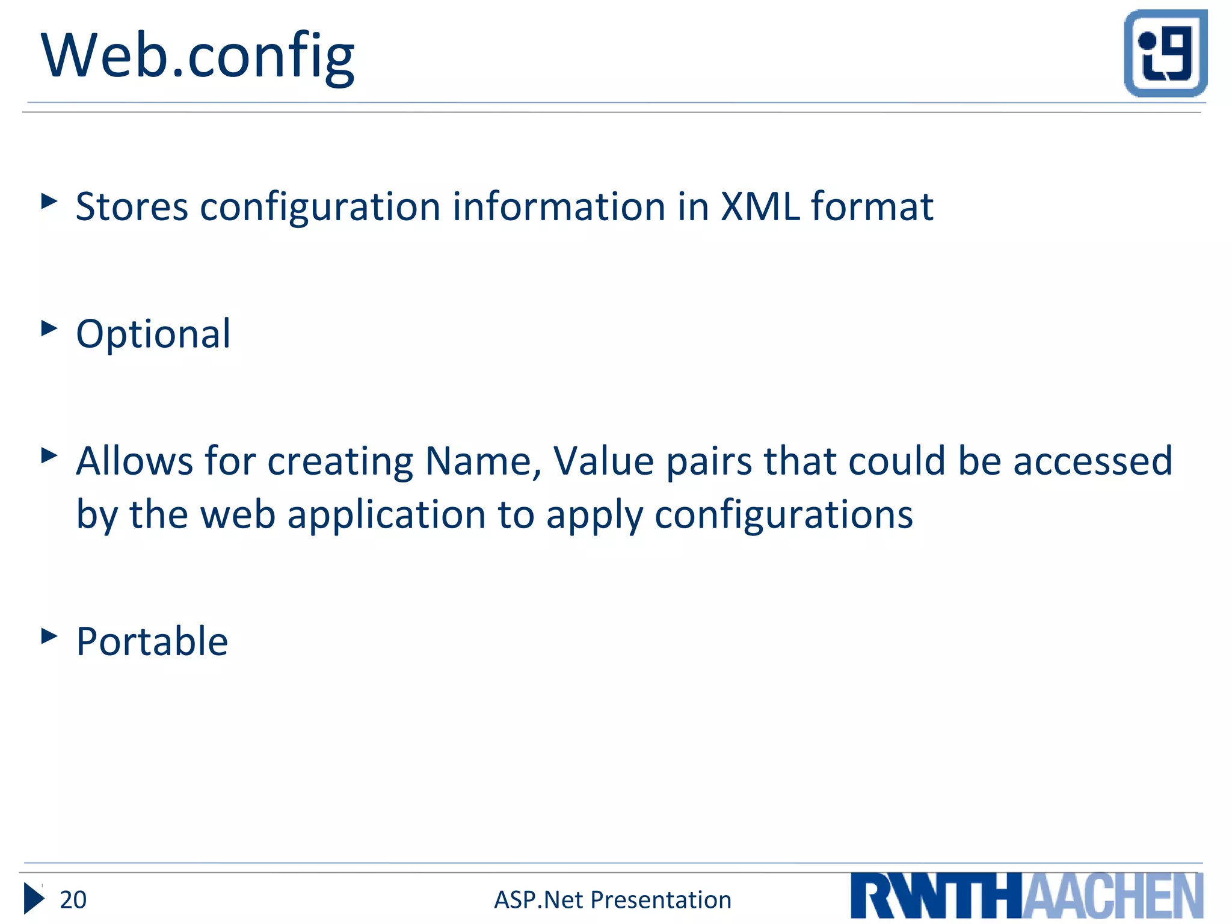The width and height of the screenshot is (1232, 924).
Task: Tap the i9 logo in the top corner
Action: pos(1165,53)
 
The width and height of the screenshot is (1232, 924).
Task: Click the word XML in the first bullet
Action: pos(760,206)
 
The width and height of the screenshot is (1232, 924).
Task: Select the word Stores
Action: pos(132,206)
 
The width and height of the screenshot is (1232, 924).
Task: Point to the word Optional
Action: pos(153,334)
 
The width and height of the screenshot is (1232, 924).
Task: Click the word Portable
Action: pos(152,641)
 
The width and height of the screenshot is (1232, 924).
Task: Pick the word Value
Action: pos(603,461)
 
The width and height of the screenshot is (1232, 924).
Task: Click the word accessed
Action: pos(1092,461)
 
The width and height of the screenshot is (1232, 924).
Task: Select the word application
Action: pos(386,516)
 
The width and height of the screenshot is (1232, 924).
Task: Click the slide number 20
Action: pos(73,900)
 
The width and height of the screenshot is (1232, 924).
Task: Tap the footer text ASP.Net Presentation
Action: pos(612,900)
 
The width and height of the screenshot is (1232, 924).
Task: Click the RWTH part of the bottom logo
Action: pos(936,896)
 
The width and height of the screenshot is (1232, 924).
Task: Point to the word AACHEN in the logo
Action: pos(1113,896)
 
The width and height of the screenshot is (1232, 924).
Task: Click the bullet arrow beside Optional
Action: pos(49,328)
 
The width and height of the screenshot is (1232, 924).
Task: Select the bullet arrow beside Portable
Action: pos(49,636)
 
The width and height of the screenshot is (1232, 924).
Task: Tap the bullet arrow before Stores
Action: pos(49,201)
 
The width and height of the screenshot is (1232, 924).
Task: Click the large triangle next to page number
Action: pos(34,899)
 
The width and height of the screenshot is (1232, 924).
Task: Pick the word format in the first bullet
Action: pos(872,206)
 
